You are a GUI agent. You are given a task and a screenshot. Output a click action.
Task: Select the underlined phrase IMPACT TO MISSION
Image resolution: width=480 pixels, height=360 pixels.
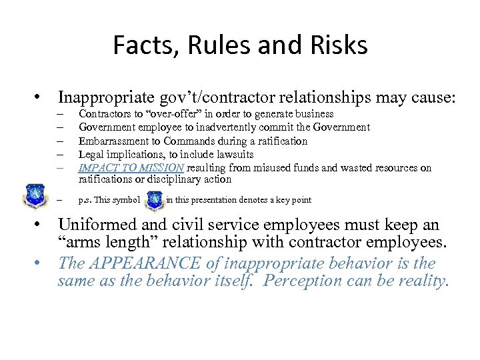tap(131, 167)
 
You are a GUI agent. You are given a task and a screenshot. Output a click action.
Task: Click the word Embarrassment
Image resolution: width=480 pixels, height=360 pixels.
tap(111, 141)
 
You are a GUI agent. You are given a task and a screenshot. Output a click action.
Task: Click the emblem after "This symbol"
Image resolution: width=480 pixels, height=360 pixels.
tap(154, 199)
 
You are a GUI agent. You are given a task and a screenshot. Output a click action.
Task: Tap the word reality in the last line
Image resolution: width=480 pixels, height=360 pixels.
tap(424, 281)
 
